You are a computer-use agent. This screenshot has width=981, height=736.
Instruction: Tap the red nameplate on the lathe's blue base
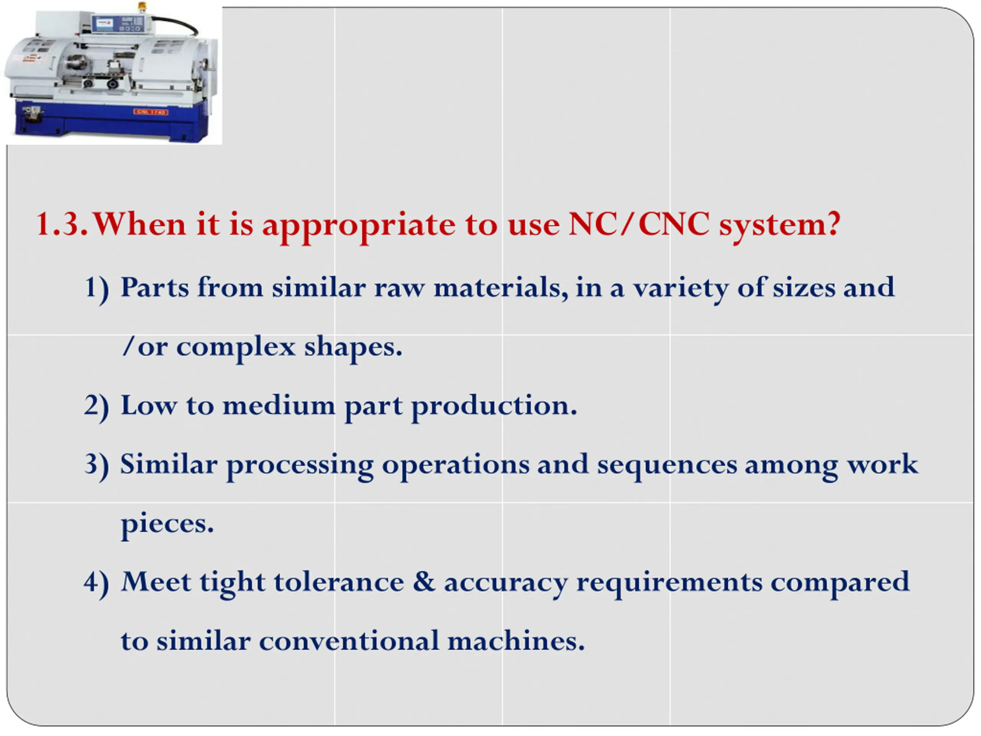[151, 112]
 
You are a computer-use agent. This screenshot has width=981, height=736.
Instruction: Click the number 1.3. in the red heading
[62, 224]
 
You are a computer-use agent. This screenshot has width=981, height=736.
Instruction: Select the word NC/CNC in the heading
[639, 223]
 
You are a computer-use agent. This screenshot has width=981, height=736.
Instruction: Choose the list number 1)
[97, 290]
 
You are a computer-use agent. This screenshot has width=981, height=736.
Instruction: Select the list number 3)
[97, 467]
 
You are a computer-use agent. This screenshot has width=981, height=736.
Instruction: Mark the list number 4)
[97, 585]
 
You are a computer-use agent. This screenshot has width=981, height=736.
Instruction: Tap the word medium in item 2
[279, 406]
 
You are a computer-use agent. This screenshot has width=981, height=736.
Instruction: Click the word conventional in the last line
[349, 641]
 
